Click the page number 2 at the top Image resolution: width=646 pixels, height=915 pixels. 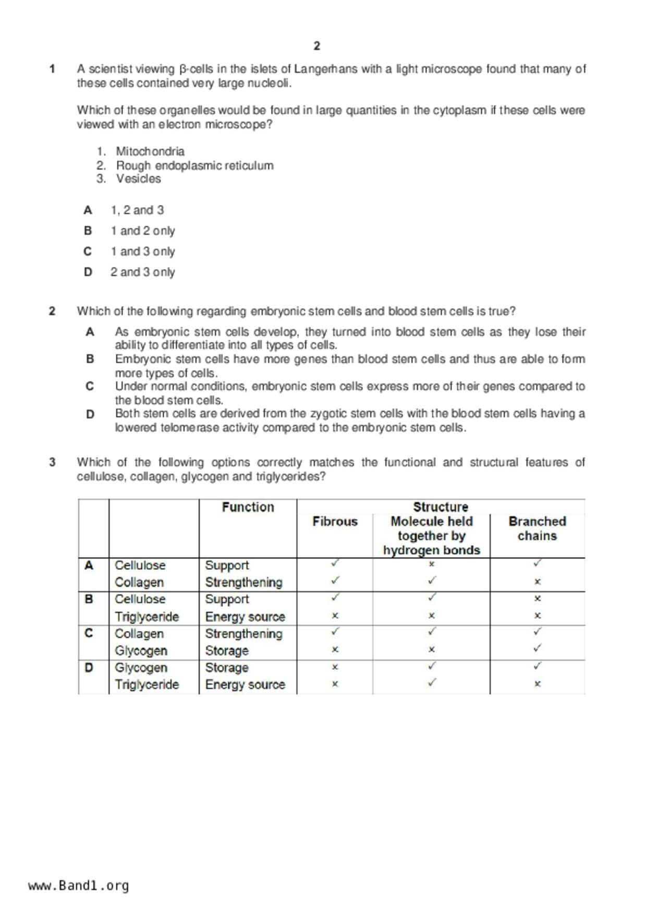point(317,46)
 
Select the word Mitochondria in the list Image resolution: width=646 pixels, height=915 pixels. point(150,151)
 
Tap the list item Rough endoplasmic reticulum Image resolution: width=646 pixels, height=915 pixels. point(194,165)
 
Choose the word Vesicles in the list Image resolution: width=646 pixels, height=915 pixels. point(138,179)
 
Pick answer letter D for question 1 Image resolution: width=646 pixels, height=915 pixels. point(88,272)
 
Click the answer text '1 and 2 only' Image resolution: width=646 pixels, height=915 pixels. point(142,231)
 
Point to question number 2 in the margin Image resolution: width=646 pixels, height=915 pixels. point(52,311)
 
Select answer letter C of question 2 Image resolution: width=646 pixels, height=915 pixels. point(90,387)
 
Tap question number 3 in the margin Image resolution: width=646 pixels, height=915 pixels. point(52,462)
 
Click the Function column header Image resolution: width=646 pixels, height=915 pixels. point(248,507)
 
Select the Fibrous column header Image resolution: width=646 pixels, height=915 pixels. point(335,522)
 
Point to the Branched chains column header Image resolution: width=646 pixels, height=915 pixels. point(537,528)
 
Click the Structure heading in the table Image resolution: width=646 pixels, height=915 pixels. point(441,507)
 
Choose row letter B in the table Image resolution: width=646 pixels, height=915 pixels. point(89,599)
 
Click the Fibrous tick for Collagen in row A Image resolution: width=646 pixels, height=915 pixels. point(335,580)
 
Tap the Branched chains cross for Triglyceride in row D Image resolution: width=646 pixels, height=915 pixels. point(538,684)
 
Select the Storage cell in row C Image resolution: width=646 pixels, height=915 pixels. point(226,651)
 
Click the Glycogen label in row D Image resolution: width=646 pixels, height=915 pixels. point(141,668)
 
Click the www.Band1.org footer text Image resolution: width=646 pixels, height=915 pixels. point(78,885)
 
